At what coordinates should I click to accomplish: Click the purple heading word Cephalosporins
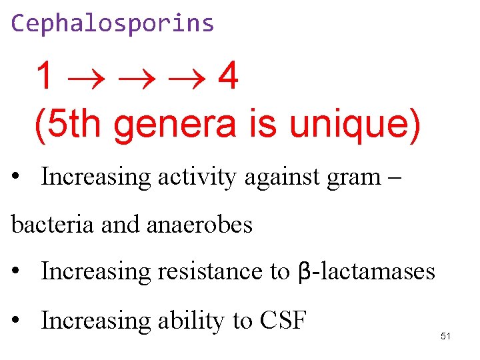click(113, 24)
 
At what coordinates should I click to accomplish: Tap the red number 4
click(228, 77)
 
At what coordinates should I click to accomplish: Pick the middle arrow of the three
click(133, 78)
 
